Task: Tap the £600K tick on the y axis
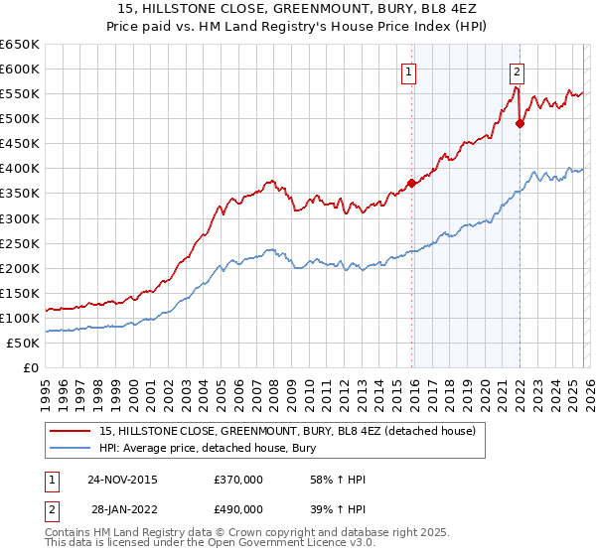coord(20,69)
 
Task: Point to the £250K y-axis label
coord(20,243)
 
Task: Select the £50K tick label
coord(24,343)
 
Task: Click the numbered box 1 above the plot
coord(409,70)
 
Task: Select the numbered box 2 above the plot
coord(518,70)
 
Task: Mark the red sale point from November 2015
coord(411,183)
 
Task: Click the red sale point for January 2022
coord(520,123)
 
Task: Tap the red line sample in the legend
coord(71,431)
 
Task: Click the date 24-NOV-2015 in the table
coord(122,480)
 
